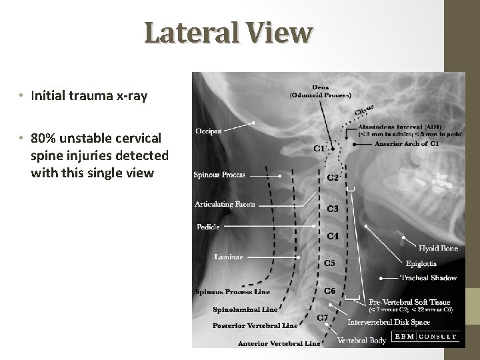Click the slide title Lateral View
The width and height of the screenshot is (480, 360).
tap(227, 33)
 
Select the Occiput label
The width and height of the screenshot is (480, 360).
tap(209, 132)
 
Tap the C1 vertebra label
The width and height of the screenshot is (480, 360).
tap(319, 148)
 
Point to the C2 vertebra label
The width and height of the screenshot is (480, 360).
tap(333, 177)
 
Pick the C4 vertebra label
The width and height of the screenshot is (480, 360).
tap(333, 236)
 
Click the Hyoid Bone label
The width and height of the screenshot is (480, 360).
tap(438, 249)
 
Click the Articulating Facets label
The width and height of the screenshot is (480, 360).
tap(225, 203)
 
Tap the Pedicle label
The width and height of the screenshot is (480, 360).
tap(208, 227)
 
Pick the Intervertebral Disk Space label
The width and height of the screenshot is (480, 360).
tap(389, 323)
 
